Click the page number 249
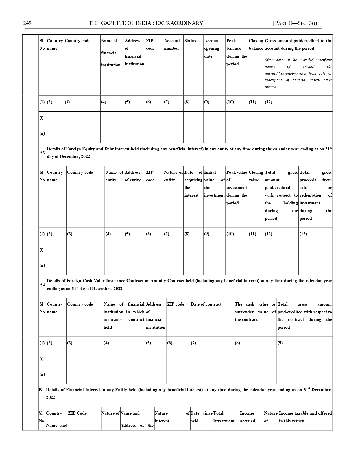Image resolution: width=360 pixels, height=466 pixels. click(27, 23)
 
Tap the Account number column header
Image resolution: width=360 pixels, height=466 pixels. click(172, 45)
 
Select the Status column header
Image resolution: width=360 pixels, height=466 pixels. click(190, 41)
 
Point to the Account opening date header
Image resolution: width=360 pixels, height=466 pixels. click(212, 48)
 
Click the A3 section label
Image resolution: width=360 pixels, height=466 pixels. click(42, 153)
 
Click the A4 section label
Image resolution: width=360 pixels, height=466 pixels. click(42, 285)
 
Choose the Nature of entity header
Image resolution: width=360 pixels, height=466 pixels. click(173, 176)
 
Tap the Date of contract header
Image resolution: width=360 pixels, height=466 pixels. click(206, 304)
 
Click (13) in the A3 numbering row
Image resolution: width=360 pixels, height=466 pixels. click(303, 234)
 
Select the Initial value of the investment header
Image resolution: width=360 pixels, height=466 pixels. click(214, 184)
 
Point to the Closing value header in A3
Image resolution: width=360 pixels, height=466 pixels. click(256, 176)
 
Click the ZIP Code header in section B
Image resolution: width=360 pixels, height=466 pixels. click(77, 413)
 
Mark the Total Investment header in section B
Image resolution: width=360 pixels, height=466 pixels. click(224, 417)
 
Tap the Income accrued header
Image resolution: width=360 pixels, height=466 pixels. click(247, 417)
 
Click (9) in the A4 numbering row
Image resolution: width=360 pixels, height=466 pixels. click(280, 343)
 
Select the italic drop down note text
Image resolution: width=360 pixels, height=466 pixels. click(298, 73)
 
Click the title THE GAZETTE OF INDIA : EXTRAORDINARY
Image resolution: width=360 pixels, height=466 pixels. click(146, 23)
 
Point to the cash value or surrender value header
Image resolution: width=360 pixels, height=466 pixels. click(255, 312)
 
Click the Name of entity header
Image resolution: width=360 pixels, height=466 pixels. click(114, 176)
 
